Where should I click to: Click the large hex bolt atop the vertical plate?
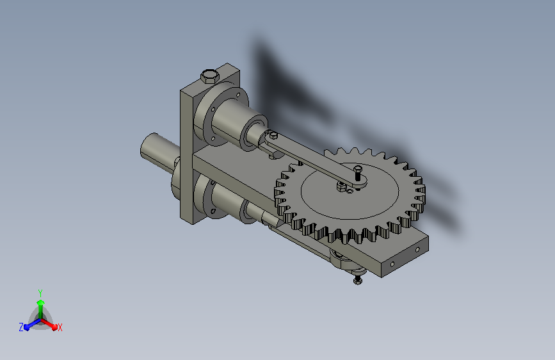point(210,76)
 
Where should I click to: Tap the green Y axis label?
point(40,293)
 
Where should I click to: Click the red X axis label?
point(60,327)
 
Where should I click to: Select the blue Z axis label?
point(21,327)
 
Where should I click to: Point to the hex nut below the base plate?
point(357,281)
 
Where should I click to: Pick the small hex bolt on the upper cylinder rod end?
point(273,135)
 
